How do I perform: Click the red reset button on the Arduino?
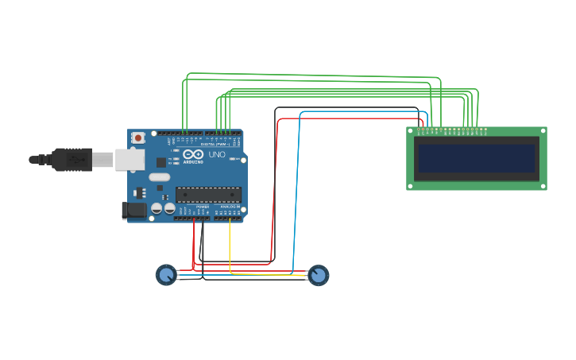tap(138, 137)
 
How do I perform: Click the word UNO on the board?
tap(217, 154)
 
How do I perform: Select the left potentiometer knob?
tap(166, 275)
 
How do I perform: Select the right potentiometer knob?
tap(318, 275)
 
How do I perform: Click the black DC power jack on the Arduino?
tap(133, 211)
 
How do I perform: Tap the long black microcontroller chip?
tap(208, 195)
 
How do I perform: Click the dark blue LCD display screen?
tap(477, 158)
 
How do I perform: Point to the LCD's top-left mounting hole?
tap(411, 130)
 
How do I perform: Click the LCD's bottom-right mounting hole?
tap(543, 186)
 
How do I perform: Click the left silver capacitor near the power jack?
tap(157, 208)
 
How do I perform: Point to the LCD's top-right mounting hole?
tap(543, 130)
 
